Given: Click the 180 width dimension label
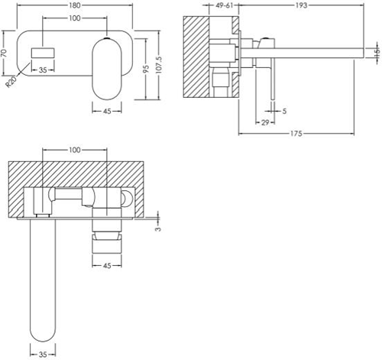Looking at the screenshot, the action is click(75, 5).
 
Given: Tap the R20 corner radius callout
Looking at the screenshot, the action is click(11, 82).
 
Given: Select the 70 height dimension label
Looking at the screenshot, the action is click(4, 53).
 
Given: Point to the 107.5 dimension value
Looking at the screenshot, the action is click(158, 65).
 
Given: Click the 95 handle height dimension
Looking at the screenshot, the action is click(146, 69).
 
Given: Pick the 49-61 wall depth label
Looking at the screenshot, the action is click(225, 5).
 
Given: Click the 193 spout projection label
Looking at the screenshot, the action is click(301, 5).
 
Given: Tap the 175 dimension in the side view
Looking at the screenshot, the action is click(296, 134).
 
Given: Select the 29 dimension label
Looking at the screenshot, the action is click(265, 122).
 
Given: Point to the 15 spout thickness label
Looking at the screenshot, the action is click(377, 52).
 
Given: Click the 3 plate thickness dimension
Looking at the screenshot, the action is click(158, 229).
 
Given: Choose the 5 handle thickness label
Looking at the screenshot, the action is click(284, 111).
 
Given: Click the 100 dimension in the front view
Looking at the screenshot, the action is click(75, 18).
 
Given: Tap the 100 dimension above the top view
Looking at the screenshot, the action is click(75, 150).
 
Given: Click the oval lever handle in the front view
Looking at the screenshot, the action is click(107, 69).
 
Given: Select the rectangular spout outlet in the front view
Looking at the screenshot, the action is click(43, 53).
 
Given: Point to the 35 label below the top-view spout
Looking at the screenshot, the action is click(43, 354).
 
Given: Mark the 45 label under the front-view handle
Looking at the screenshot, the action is click(107, 112).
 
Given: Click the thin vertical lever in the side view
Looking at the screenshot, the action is click(273, 79).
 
